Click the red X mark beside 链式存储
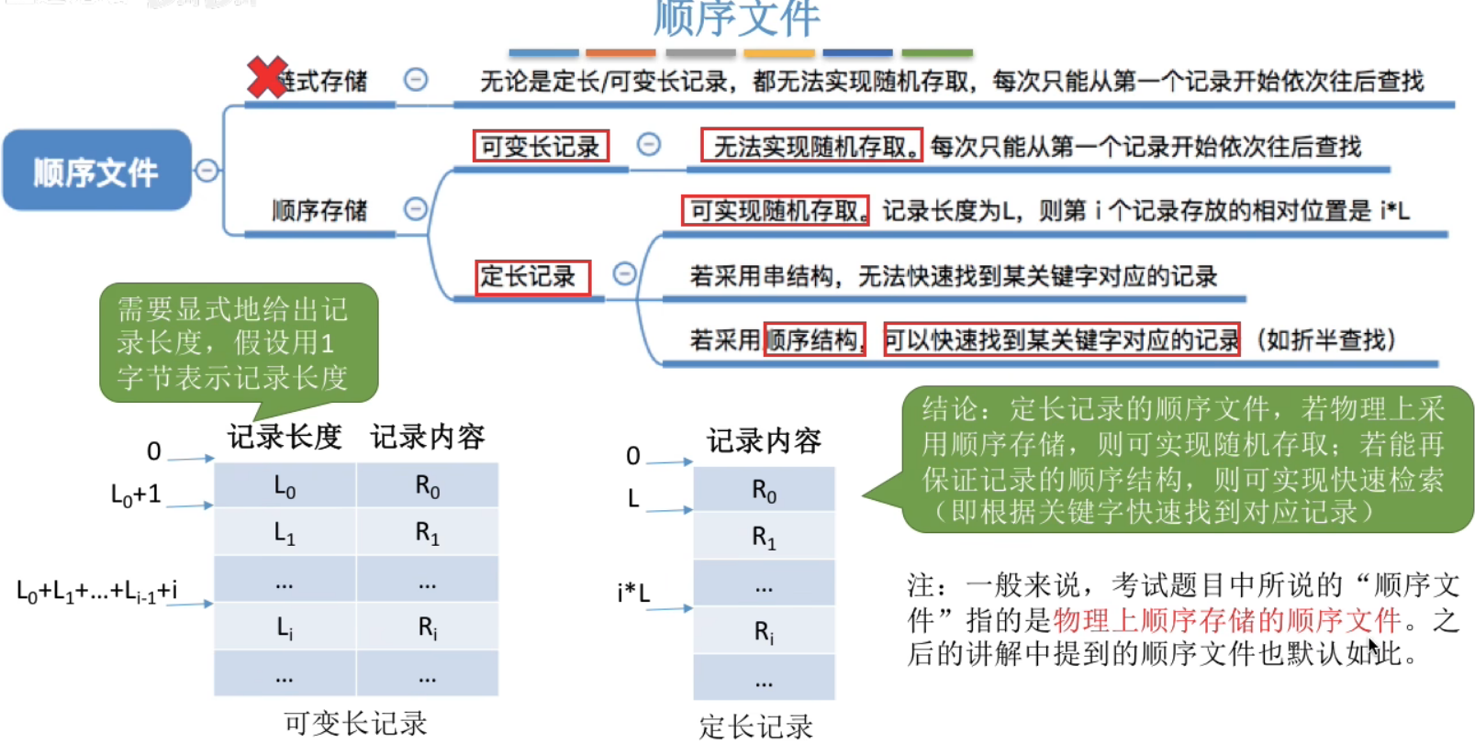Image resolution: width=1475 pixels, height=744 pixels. pyautogui.click(x=267, y=78)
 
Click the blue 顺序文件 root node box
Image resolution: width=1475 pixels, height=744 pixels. pyautogui.click(x=96, y=171)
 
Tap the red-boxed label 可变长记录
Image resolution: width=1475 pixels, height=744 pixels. pyautogui.click(x=540, y=146)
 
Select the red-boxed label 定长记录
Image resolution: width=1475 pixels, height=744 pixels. pyautogui.click(x=531, y=276)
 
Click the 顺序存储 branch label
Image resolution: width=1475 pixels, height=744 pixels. pyautogui.click(x=319, y=210)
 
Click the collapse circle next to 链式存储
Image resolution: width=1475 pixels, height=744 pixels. pyautogui.click(x=416, y=80)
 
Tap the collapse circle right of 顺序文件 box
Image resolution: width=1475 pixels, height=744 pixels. pyautogui.click(x=207, y=171)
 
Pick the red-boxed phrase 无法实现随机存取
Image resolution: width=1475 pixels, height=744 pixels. pyautogui.click(x=811, y=146)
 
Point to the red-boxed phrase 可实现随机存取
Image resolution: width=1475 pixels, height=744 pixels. pyautogui.click(x=775, y=210)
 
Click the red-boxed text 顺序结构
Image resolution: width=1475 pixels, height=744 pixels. pyautogui.click(x=815, y=340)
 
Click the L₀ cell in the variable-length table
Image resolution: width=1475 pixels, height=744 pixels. pyautogui.click(x=285, y=486)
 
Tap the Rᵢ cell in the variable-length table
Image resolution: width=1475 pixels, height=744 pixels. pyautogui.click(x=428, y=627)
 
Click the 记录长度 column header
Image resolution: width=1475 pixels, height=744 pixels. pyautogui.click(x=285, y=437)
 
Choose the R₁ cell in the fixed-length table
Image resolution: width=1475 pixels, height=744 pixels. pyautogui.click(x=764, y=537)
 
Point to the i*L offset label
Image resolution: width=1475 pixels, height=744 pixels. pyautogui.click(x=633, y=593)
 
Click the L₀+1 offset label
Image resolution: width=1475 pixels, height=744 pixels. pyautogui.click(x=136, y=494)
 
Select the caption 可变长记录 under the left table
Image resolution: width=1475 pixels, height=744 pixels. pyautogui.click(x=355, y=723)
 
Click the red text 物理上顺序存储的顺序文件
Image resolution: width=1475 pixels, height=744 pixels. pyautogui.click(x=1227, y=620)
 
